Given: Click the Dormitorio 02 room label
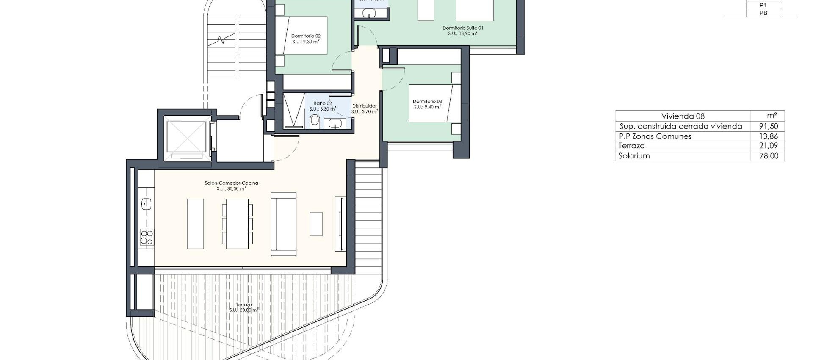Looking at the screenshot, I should click(x=306, y=36).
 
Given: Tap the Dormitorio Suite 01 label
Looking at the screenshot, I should click(x=463, y=28).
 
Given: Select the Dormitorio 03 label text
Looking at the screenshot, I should click(x=427, y=102).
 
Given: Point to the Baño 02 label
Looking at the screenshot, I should click(x=323, y=103).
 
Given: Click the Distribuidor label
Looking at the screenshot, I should click(x=364, y=106).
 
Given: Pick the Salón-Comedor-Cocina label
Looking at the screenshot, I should click(x=231, y=183).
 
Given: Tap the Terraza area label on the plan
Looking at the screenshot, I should click(x=244, y=305).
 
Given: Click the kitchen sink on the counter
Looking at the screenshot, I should click(x=146, y=204).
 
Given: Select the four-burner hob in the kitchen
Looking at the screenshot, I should click(x=147, y=237).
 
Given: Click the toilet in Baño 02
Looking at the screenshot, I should click(x=315, y=122).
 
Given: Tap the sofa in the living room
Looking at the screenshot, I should click(x=283, y=224).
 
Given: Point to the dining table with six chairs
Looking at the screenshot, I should click(x=237, y=224).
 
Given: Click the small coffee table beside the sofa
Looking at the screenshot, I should click(x=316, y=224).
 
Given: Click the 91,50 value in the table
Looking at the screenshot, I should click(x=769, y=126).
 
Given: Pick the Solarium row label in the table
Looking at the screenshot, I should click(x=634, y=156).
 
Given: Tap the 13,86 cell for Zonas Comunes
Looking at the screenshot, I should click(x=769, y=136).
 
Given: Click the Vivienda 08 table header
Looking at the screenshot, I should click(x=683, y=116).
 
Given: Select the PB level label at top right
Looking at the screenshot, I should click(x=763, y=13).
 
